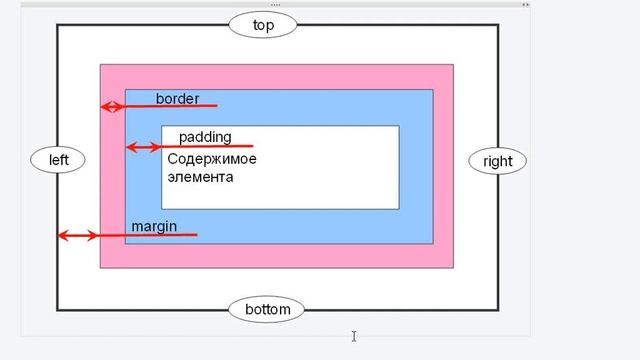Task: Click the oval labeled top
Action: tap(264, 25)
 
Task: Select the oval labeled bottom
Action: tap(267, 310)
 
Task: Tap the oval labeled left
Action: tap(58, 160)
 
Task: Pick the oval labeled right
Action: tap(497, 161)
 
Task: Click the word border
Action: tap(177, 99)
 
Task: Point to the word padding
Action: tap(204, 137)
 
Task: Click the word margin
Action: tap(154, 227)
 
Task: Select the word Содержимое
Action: tap(212, 159)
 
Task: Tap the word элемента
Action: tap(200, 177)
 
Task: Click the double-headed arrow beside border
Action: tap(112, 106)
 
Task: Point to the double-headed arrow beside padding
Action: tap(143, 147)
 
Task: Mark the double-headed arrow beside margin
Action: tap(77, 236)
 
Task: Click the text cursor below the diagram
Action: tap(354, 337)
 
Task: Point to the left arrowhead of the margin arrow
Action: tap(61, 236)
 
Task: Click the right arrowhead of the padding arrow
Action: tap(156, 147)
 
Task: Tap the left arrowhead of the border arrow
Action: tap(104, 106)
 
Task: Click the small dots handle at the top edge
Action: tap(275, 4)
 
